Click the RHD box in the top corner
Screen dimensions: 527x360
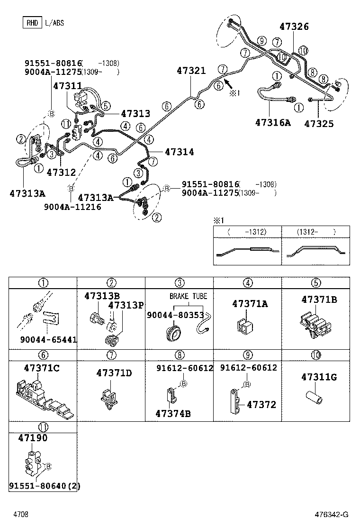click(32, 22)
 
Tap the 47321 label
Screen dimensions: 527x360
click(191, 71)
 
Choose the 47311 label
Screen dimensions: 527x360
click(67, 86)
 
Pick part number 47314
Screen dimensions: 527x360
click(179, 152)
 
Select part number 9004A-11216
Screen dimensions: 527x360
click(72, 207)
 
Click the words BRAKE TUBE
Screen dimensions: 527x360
click(188, 296)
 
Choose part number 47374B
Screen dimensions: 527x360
click(173, 413)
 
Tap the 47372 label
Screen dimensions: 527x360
click(261, 405)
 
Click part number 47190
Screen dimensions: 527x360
click(33, 438)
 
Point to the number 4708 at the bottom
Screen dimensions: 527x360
click(21, 515)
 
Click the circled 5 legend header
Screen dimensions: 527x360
click(316, 283)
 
